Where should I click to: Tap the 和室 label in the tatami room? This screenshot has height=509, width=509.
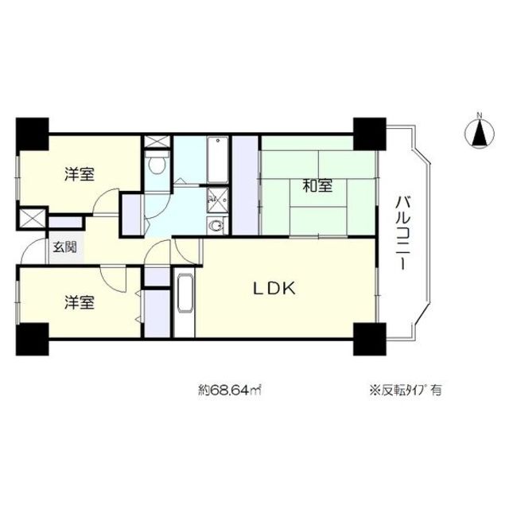click(x=317, y=188)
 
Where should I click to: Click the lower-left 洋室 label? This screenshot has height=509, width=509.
click(x=80, y=303)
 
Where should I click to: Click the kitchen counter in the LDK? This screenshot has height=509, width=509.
click(x=185, y=304)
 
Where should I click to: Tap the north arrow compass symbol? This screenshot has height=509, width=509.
click(x=480, y=131)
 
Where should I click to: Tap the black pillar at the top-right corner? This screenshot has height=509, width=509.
click(x=369, y=134)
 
